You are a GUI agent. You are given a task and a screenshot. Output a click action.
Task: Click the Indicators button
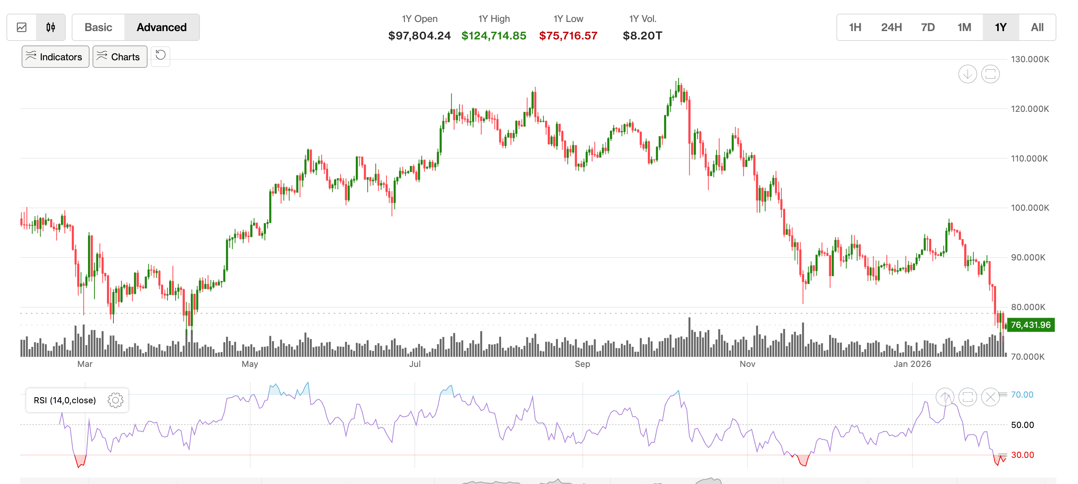(x=55, y=57)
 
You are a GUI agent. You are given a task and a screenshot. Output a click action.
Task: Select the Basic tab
(x=98, y=28)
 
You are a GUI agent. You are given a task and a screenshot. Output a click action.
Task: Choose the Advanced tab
(x=162, y=28)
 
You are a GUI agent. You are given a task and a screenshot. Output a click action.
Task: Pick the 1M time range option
(x=964, y=28)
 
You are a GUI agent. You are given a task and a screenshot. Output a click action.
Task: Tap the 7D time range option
(x=927, y=28)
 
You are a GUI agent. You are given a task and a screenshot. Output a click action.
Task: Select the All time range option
(x=1037, y=28)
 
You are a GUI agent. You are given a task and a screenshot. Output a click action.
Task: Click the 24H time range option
(x=891, y=28)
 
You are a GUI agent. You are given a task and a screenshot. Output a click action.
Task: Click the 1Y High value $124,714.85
(x=493, y=36)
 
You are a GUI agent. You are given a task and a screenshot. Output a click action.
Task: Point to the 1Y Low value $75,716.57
(x=568, y=36)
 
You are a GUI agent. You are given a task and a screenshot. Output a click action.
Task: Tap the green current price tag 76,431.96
(x=1030, y=325)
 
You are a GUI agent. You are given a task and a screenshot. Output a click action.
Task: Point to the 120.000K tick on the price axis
(x=1029, y=109)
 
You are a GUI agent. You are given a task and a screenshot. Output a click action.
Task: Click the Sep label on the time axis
(x=582, y=364)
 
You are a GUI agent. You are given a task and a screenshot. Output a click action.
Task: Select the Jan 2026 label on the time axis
(x=912, y=364)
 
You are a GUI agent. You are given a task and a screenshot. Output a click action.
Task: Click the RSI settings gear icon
(x=115, y=400)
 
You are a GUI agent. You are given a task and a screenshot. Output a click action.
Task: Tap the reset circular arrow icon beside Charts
(x=160, y=55)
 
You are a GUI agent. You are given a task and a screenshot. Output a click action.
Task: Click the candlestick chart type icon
(x=50, y=28)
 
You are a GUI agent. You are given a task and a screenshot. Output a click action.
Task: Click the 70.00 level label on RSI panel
(x=1021, y=395)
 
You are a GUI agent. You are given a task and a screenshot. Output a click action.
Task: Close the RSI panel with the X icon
(x=990, y=397)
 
